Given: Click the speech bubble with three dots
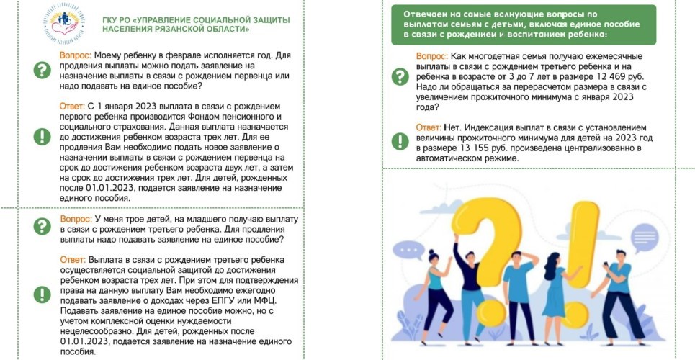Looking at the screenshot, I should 411,248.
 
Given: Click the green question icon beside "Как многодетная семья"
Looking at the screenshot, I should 399,76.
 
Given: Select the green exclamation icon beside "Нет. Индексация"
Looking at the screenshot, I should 399,138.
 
